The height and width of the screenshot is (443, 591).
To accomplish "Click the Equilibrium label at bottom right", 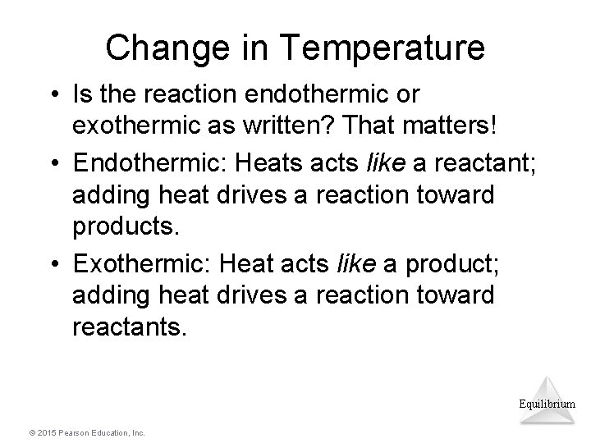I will coord(547,404).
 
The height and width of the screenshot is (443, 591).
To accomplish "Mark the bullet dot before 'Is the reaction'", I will coord(54,95).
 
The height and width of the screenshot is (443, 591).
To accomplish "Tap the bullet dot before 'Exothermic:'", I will coord(54,264).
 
